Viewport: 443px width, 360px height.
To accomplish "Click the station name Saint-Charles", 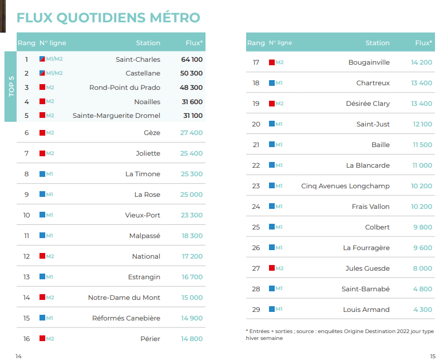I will pyautogui.click(x=138, y=60).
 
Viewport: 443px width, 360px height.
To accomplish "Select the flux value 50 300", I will pyautogui.click(x=192, y=73).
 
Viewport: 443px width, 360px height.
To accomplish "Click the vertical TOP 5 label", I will pyautogui.click(x=10, y=87).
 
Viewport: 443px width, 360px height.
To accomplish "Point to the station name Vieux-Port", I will pyautogui.click(x=143, y=215).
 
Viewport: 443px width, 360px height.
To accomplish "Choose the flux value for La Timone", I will pyautogui.click(x=192, y=174).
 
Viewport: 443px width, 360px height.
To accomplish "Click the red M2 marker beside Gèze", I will pyautogui.click(x=42, y=133).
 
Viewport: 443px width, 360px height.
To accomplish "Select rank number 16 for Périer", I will pyautogui.click(x=26, y=339).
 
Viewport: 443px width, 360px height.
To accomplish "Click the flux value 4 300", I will pyautogui.click(x=422, y=310).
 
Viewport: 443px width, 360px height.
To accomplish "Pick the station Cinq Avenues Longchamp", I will pyautogui.click(x=345, y=186).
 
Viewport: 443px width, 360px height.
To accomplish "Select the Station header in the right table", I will pyautogui.click(x=377, y=43).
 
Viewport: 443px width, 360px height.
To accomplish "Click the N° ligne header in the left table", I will pyautogui.click(x=53, y=43).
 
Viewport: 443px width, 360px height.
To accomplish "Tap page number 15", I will pyautogui.click(x=433, y=355).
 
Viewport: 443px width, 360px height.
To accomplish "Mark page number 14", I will pyautogui.click(x=18, y=356).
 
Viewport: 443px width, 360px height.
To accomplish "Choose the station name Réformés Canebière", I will pyautogui.click(x=126, y=318).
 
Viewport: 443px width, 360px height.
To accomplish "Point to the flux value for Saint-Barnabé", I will pyautogui.click(x=422, y=289).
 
